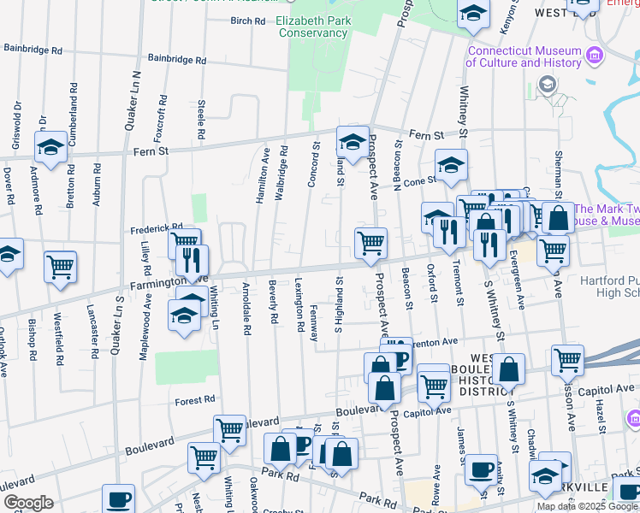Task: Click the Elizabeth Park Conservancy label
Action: pyautogui.click(x=311, y=27)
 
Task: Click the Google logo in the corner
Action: pyautogui.click(x=27, y=503)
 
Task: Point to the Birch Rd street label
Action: pyautogui.click(x=248, y=21)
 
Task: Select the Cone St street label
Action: pyautogui.click(x=420, y=180)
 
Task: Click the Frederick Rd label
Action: pyautogui.click(x=157, y=229)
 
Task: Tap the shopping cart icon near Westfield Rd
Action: pyautogui.click(x=60, y=268)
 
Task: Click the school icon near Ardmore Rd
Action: pyautogui.click(x=50, y=147)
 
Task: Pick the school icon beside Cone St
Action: pyautogui.click(x=451, y=166)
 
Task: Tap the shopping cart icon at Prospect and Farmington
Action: pyautogui.click(x=370, y=243)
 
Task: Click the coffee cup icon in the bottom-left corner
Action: pyautogui.click(x=118, y=498)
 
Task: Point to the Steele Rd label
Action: pyautogui.click(x=202, y=120)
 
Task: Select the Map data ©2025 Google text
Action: pyautogui.click(x=587, y=505)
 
